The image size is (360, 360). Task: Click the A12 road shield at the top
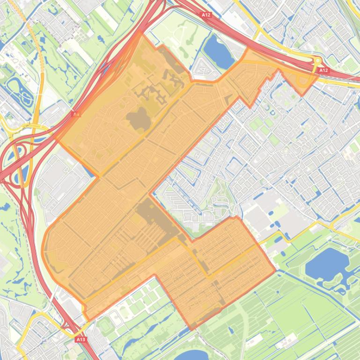(206, 15)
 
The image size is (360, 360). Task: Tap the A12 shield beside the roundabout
(323, 70)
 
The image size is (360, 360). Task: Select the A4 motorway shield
(76, 114)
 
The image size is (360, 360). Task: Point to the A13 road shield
(81, 339)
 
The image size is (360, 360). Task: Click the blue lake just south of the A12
(218, 50)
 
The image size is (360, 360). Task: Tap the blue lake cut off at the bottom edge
(191, 355)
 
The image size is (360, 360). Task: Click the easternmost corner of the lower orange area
(275, 269)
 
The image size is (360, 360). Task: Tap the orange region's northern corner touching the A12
(140, 33)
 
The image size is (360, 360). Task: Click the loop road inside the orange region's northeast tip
(303, 80)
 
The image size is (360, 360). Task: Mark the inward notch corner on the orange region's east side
(151, 193)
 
